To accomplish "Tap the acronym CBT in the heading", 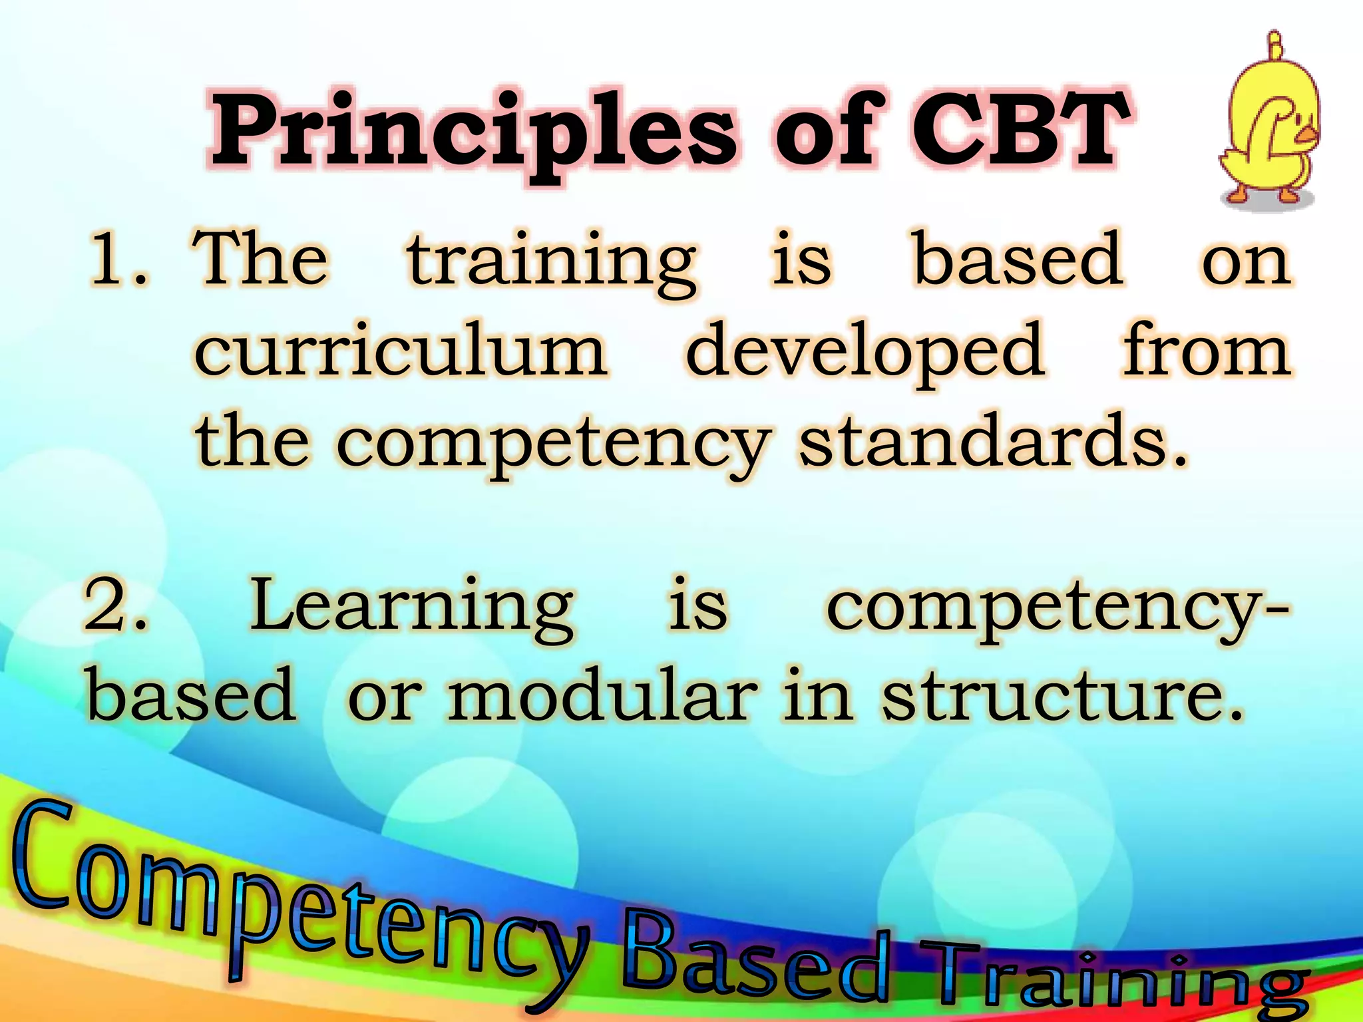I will click(x=1018, y=130).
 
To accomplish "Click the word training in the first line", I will click(x=552, y=263).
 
